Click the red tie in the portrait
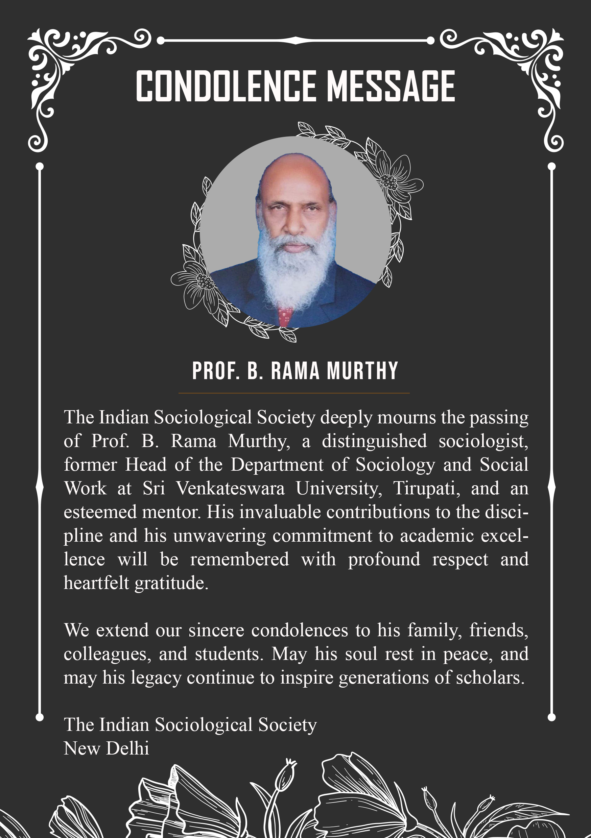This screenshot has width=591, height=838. tap(285, 316)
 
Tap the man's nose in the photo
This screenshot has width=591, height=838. tap(294, 226)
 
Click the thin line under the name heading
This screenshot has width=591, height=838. tap(294, 393)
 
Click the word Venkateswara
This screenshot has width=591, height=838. tap(230, 488)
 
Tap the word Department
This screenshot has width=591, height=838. tap(277, 465)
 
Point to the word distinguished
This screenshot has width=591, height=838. tap(374, 441)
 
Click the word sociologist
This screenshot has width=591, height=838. tap(483, 441)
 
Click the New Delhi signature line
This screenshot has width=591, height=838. tap(106, 748)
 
